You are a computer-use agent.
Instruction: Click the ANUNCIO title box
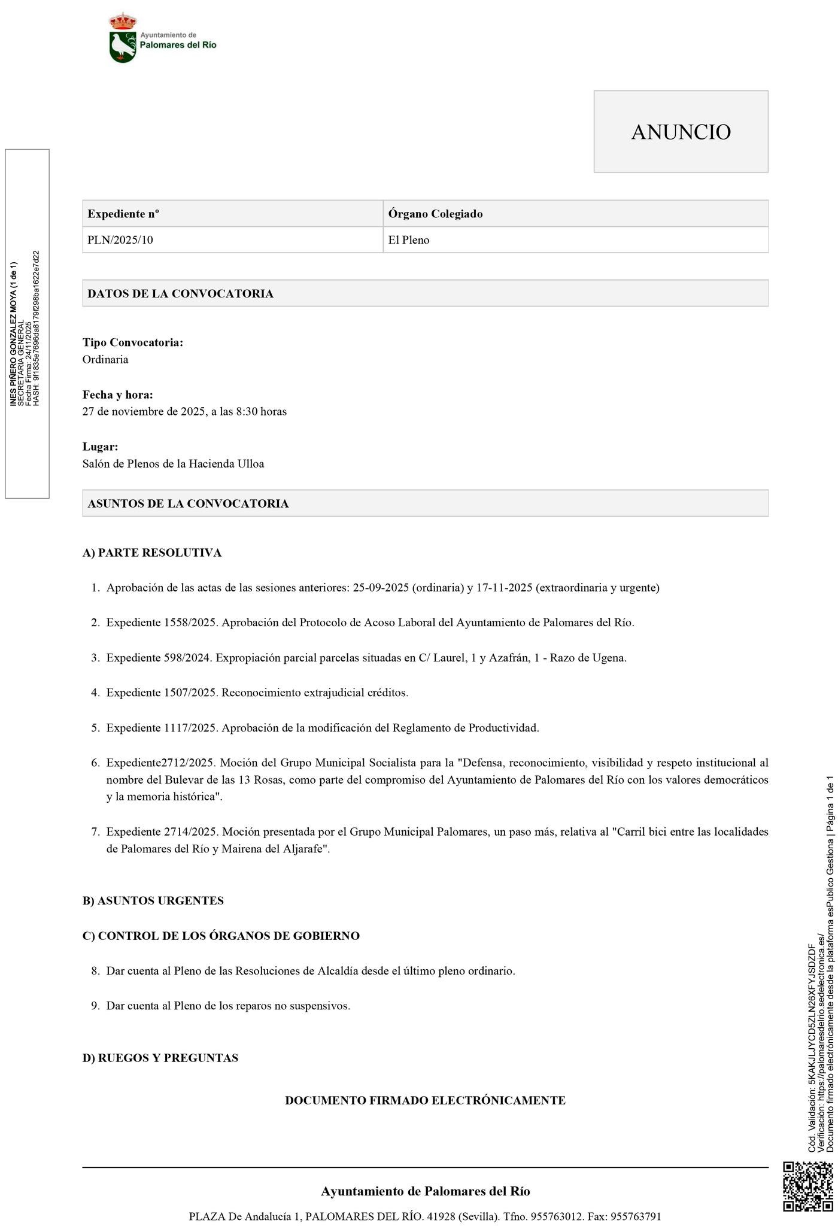click(x=681, y=132)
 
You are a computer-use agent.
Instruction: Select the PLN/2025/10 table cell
click(x=120, y=240)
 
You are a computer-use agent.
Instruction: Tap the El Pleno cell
click(x=409, y=240)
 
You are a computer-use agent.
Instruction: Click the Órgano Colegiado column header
click(x=435, y=214)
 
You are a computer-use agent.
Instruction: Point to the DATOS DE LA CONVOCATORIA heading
click(x=180, y=293)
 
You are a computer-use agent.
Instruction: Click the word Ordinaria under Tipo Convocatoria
click(x=105, y=359)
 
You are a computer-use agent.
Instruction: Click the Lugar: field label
click(x=100, y=447)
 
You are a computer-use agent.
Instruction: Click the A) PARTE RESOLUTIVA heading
click(x=152, y=553)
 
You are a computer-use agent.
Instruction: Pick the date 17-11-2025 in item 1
click(x=504, y=588)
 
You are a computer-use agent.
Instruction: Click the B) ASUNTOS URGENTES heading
click(x=153, y=901)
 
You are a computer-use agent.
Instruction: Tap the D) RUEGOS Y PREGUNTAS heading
click(x=160, y=1058)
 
